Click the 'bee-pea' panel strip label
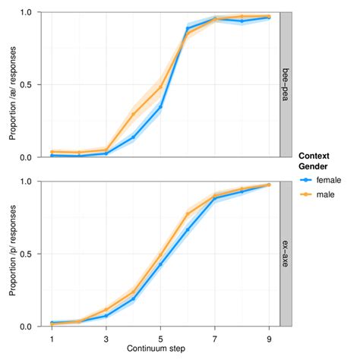286,85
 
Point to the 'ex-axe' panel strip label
286,254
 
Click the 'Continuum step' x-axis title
161,349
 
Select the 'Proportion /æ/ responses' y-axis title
13,85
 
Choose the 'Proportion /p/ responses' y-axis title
13,254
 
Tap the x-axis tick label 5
160,338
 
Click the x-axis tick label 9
269,338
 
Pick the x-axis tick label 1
52,338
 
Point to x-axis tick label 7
215,338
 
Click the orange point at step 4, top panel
133,115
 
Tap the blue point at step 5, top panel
160,107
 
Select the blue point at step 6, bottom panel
188,230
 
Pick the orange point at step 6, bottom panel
188,214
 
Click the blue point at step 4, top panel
133,137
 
